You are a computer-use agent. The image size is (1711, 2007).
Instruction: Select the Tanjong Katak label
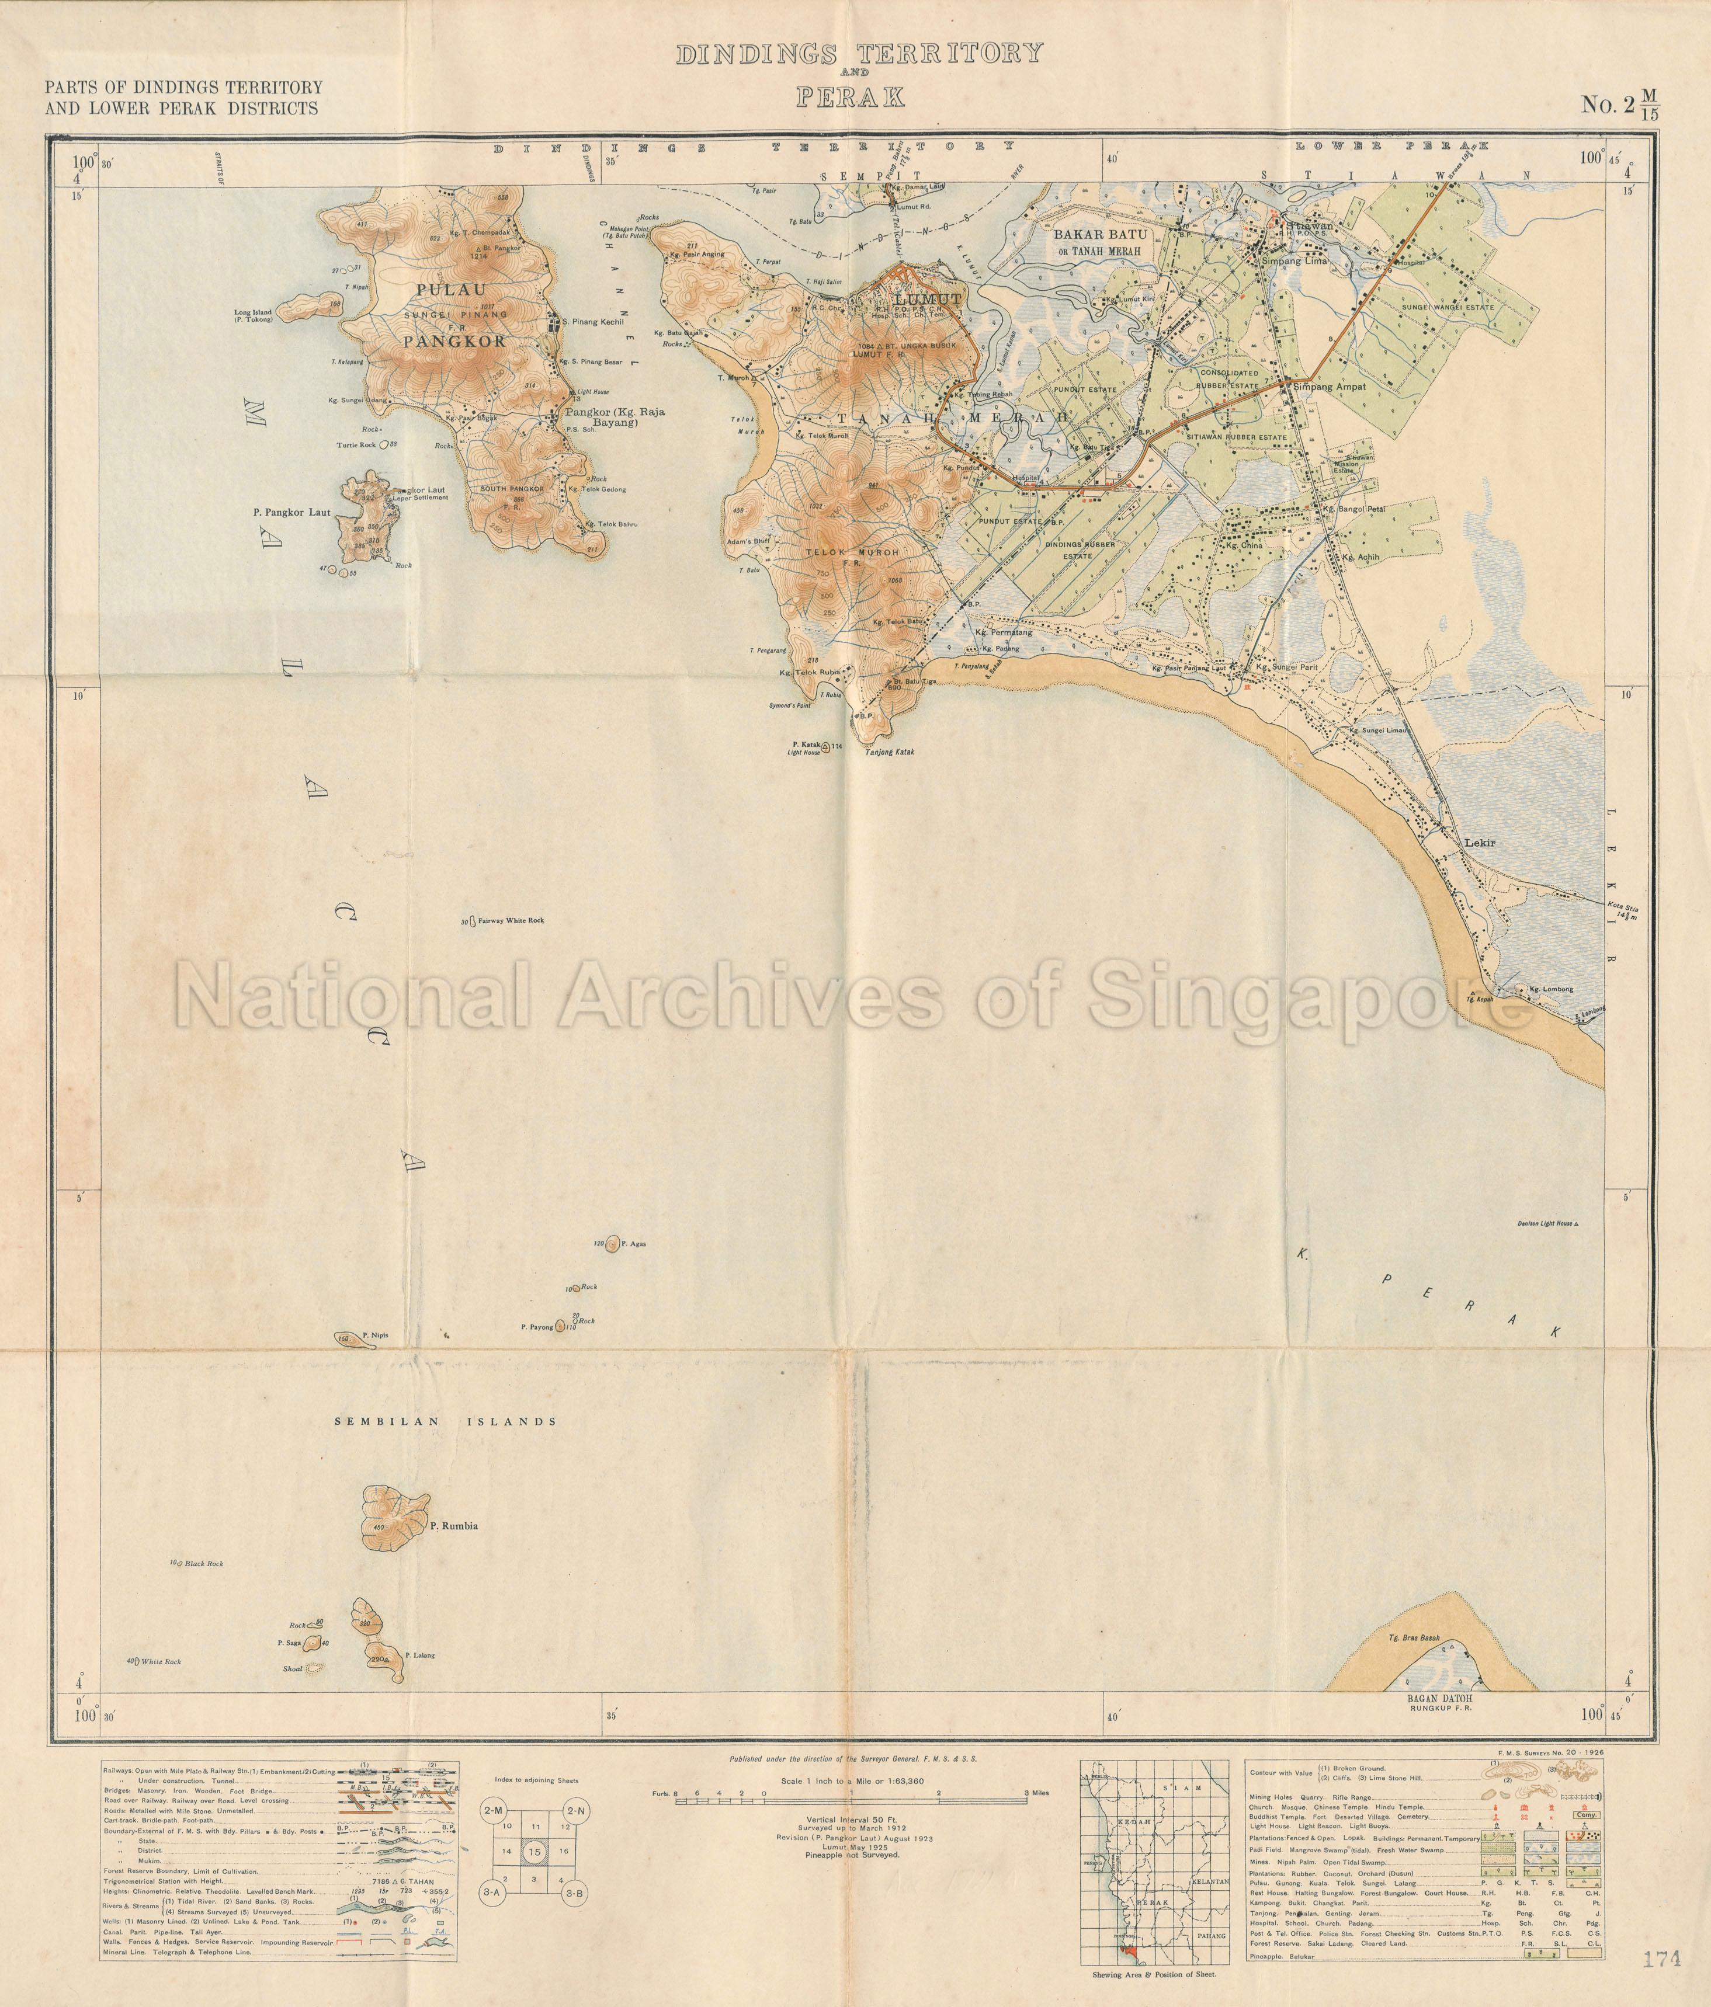(884, 752)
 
